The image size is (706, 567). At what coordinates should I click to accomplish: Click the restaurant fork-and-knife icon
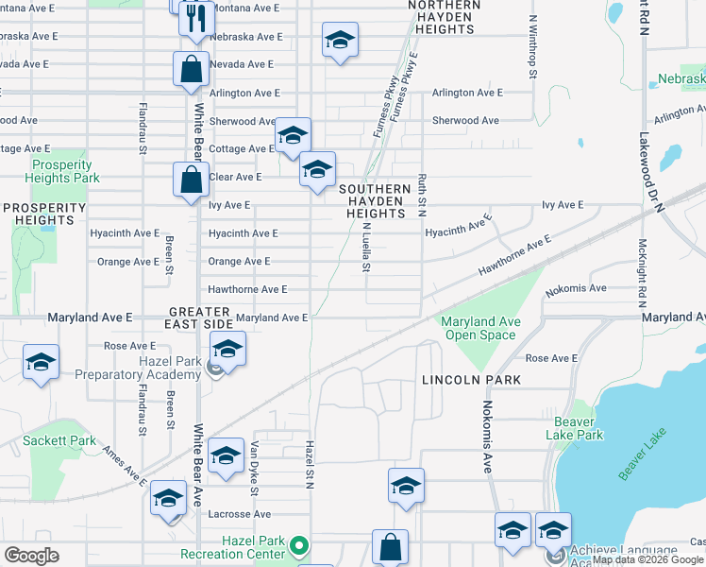[x=196, y=19]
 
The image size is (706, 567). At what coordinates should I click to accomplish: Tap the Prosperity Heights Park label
[x=62, y=171]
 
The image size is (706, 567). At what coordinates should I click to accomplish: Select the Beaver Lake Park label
[x=574, y=428]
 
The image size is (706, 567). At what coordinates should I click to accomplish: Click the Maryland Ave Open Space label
[x=480, y=328]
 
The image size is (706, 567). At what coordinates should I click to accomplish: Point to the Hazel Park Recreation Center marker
[x=299, y=545]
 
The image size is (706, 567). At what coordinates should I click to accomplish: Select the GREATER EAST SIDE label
[x=199, y=318]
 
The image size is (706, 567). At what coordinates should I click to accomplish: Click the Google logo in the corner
[x=31, y=556]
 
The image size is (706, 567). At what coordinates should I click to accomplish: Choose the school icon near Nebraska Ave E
[x=340, y=41]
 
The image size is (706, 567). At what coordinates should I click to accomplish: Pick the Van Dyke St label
[x=254, y=468]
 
